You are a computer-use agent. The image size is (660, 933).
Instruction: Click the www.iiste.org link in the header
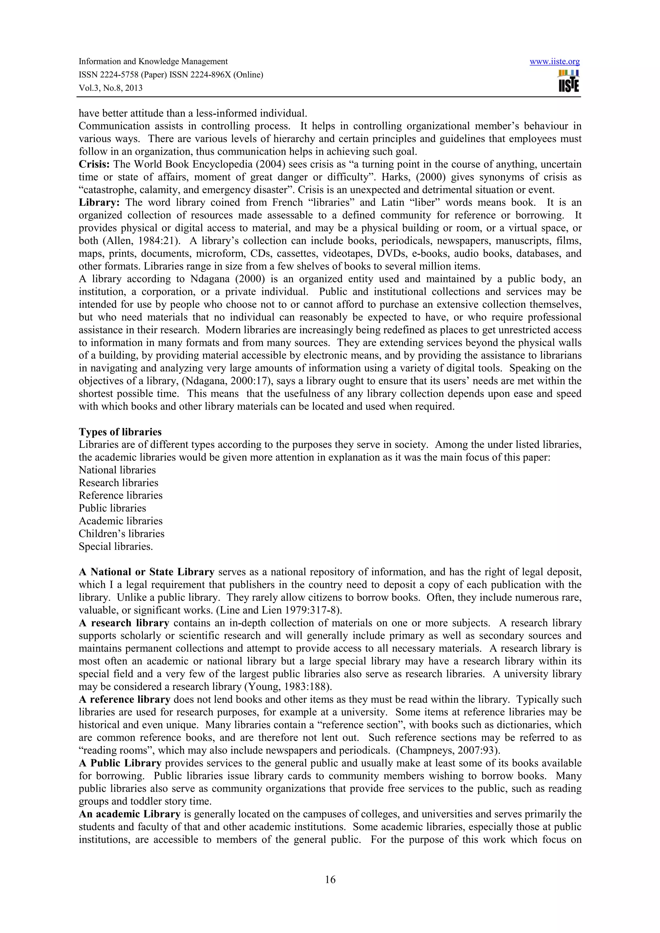click(554, 62)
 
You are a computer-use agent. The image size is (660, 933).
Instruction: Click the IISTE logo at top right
click(569, 81)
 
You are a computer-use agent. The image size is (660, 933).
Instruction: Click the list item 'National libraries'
click(117, 470)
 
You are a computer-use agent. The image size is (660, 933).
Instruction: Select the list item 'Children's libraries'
click(121, 533)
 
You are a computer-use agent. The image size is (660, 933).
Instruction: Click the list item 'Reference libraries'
click(121, 495)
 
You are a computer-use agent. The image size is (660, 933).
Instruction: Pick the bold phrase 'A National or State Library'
click(146, 572)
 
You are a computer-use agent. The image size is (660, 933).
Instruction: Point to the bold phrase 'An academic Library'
click(129, 814)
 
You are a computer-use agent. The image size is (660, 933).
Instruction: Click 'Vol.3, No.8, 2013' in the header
click(111, 88)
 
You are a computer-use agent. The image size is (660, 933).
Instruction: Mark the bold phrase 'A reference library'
click(124, 699)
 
